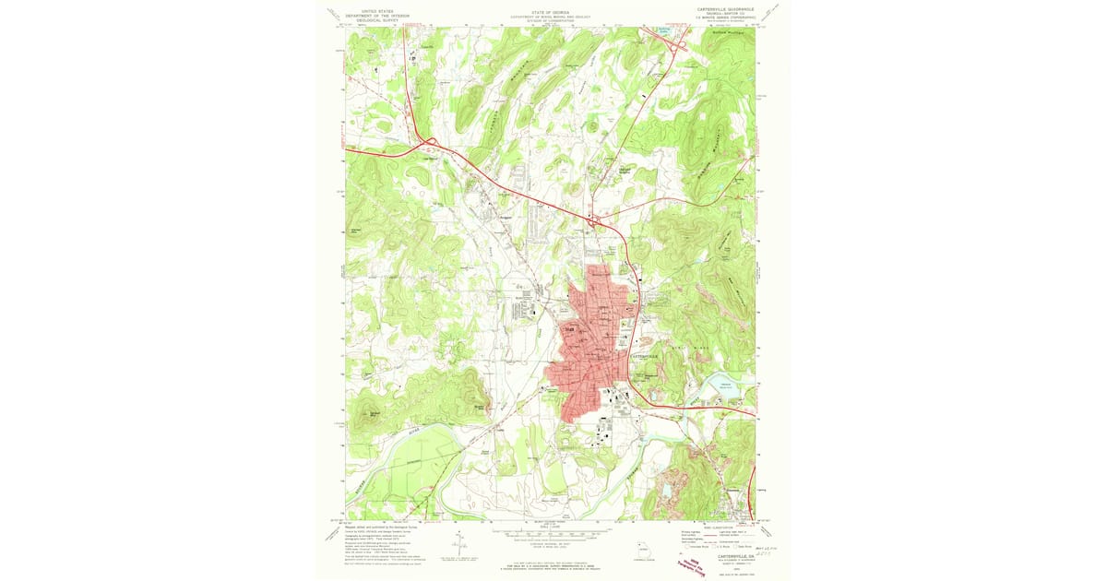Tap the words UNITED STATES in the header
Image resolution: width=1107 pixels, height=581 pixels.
pyautogui.click(x=365, y=12)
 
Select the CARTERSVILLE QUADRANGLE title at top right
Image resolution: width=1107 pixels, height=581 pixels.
pyautogui.click(x=720, y=8)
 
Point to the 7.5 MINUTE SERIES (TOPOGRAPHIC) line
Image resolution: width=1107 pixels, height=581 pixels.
pyautogui.click(x=720, y=18)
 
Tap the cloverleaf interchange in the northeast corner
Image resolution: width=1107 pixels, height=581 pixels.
pyautogui.click(x=680, y=42)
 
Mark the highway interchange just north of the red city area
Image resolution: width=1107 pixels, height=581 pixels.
pyautogui.click(x=597, y=220)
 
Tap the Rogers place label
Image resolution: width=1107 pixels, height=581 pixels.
pyautogui.click(x=505, y=218)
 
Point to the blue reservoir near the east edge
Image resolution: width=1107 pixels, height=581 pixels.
pyautogui.click(x=723, y=383)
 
